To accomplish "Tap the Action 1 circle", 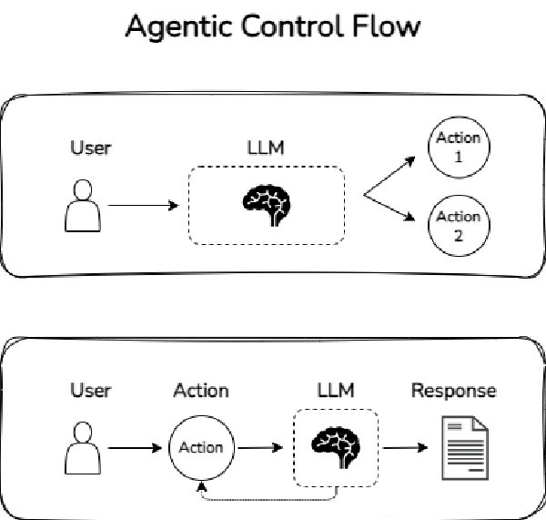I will pyautogui.click(x=458, y=148).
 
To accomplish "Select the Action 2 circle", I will pyautogui.click(x=458, y=224).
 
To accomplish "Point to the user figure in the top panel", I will pyautogui.click(x=83, y=205).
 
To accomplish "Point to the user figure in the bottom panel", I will pyautogui.click(x=83, y=447).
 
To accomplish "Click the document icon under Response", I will pyautogui.click(x=463, y=447).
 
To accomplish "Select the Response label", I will pyautogui.click(x=454, y=391).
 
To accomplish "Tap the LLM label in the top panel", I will pyautogui.click(x=266, y=147).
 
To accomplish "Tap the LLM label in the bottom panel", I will pyautogui.click(x=337, y=391).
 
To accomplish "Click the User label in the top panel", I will pyautogui.click(x=91, y=147).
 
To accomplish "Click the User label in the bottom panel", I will pyautogui.click(x=91, y=391).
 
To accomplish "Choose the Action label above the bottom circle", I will pyautogui.click(x=201, y=391).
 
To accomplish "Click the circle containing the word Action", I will pyautogui.click(x=201, y=447).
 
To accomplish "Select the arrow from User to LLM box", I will pyautogui.click(x=143, y=206).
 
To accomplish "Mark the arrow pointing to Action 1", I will pyautogui.click(x=389, y=176).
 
